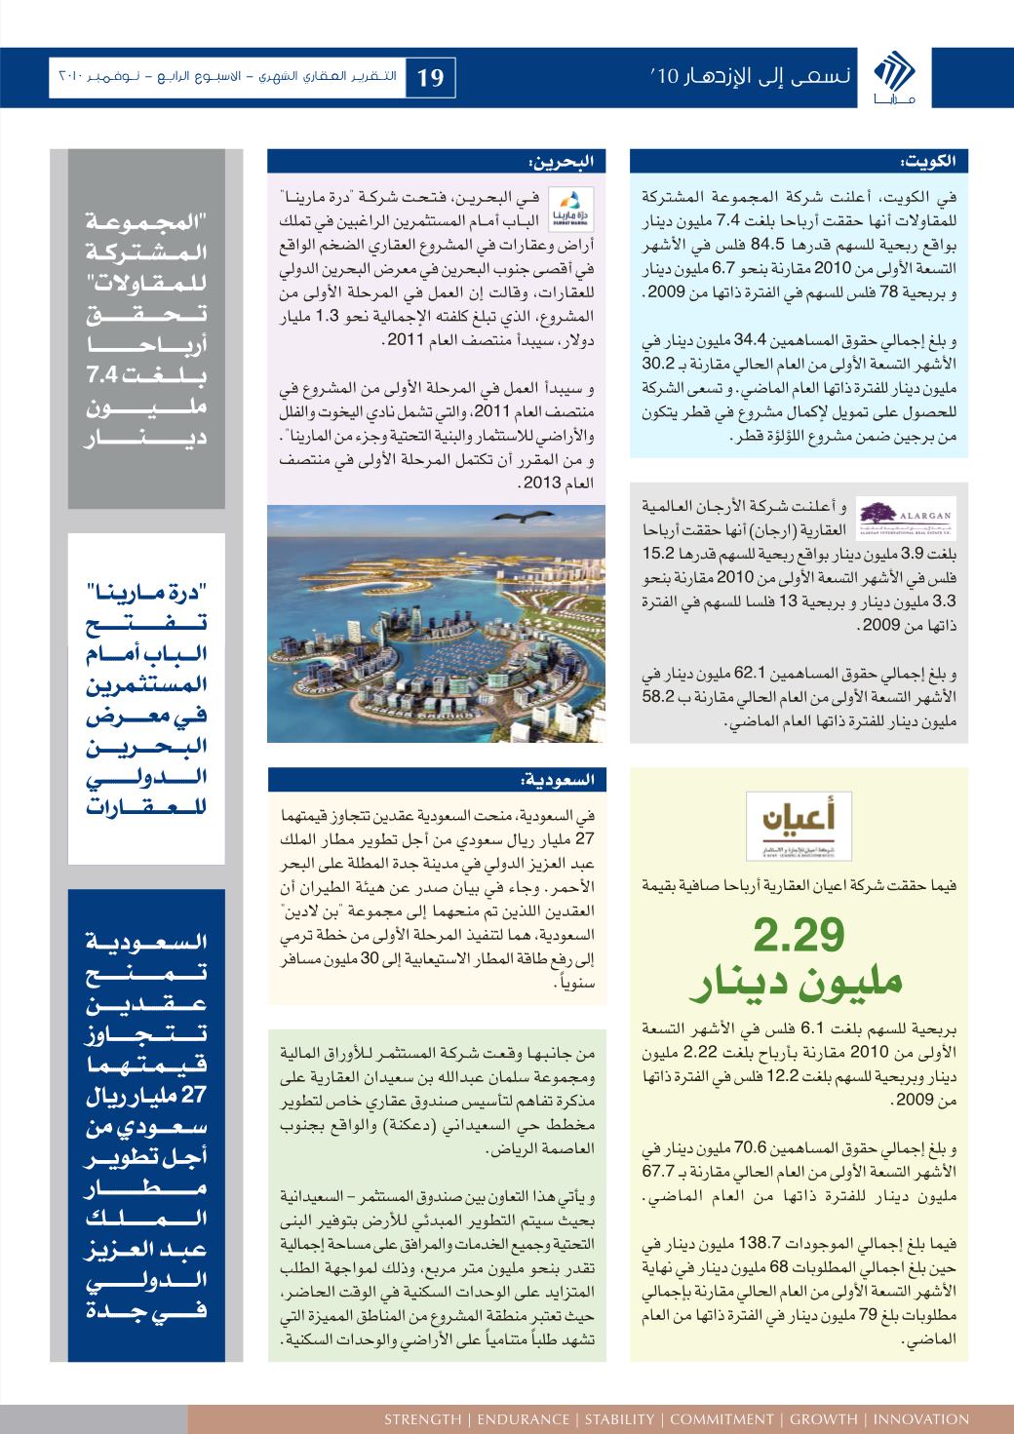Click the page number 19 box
(x=430, y=76)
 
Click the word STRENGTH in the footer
(x=422, y=1418)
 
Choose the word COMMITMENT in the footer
(x=720, y=1418)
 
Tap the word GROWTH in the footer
(x=822, y=1418)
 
